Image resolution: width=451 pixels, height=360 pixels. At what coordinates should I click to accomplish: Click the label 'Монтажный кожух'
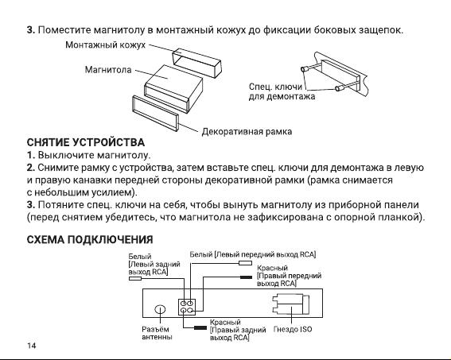coord(105,45)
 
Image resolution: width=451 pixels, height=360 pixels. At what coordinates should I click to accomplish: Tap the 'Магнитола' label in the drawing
coord(108,70)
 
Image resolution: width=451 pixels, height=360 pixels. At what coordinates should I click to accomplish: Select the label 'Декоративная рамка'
coord(247,132)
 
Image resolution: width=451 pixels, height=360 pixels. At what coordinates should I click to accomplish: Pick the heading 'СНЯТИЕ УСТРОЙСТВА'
coord(86,142)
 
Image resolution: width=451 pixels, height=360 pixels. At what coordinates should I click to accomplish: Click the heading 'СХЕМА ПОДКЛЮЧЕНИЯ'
coord(90,240)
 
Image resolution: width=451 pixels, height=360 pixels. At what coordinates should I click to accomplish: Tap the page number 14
coord(32,346)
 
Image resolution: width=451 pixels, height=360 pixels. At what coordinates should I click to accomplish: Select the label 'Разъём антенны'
coord(157,333)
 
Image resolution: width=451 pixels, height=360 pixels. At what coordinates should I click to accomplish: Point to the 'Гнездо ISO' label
coord(293,329)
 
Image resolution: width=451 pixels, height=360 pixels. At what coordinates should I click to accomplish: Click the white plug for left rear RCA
coord(135,278)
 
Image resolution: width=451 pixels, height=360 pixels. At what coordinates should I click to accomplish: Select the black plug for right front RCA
coord(247,277)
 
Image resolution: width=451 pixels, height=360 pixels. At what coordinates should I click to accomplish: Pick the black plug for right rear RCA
coord(200,328)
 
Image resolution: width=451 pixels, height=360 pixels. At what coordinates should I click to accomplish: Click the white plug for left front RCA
coord(245,263)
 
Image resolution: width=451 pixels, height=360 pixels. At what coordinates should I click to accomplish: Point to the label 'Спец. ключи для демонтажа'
coord(282,91)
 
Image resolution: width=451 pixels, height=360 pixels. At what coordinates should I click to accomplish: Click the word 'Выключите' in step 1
coord(66,155)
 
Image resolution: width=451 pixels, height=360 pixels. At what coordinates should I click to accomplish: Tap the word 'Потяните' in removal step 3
coord(61,205)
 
